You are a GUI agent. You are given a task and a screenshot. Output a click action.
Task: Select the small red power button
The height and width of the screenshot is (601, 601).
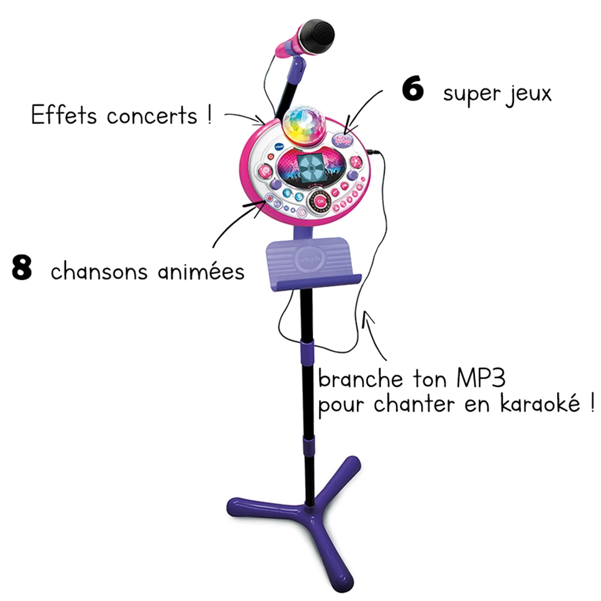(x=262, y=159)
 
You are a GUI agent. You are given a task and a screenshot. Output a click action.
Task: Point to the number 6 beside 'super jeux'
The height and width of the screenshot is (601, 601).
(x=413, y=90)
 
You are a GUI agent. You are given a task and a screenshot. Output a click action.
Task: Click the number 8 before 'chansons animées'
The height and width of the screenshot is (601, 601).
(x=22, y=269)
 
